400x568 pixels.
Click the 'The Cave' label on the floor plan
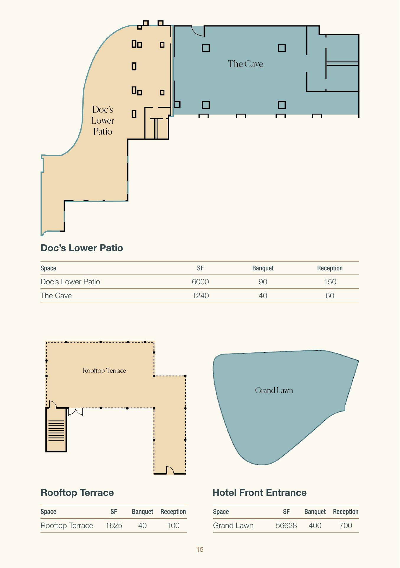(245, 64)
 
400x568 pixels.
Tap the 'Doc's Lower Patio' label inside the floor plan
(103, 120)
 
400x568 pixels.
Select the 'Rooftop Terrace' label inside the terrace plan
(104, 370)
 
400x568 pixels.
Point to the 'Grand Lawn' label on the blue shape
(274, 390)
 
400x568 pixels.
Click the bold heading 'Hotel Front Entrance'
(259, 493)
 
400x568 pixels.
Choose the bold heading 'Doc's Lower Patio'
(82, 248)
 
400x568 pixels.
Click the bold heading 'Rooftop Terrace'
(77, 493)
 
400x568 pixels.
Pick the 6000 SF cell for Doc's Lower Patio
(200, 282)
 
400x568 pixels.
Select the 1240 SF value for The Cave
(200, 296)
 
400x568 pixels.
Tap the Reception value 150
(330, 282)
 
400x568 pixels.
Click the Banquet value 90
(263, 282)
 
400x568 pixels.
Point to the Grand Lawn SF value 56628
(286, 525)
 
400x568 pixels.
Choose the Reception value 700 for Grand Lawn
(346, 525)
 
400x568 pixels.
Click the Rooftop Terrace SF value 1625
(114, 525)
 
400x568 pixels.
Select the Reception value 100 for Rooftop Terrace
(173, 525)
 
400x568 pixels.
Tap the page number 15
(200, 549)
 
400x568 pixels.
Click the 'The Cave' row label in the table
(56, 296)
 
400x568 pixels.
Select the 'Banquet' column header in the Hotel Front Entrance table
(315, 511)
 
